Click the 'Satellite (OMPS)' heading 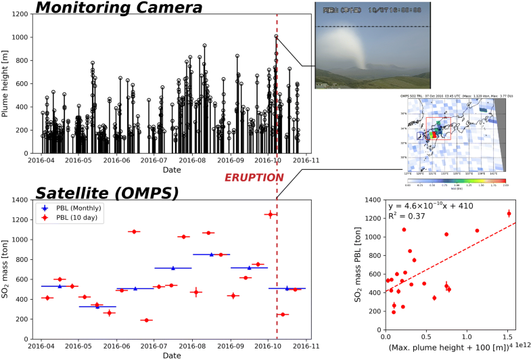[x=107, y=192]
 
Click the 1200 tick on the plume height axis [x=28, y=14]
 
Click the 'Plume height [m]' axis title [x=6, y=84]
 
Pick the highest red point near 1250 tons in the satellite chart [x=270, y=214]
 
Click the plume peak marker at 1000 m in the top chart [x=276, y=37]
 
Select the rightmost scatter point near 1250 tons [x=509, y=214]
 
